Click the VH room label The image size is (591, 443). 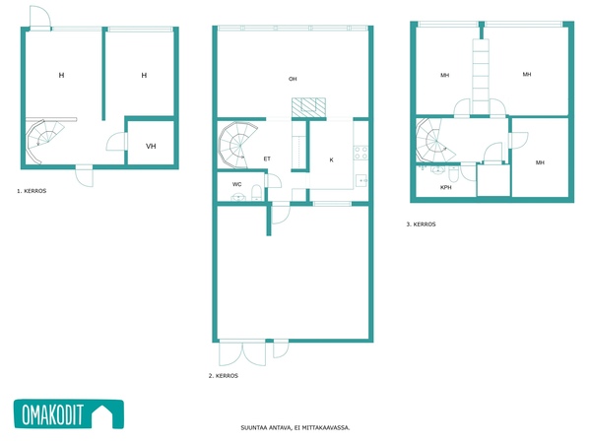pyautogui.click(x=151, y=146)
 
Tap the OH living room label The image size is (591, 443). pyautogui.click(x=293, y=79)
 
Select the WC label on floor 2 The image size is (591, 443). pyautogui.click(x=236, y=184)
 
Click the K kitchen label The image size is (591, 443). pyautogui.click(x=331, y=159)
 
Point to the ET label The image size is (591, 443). pyautogui.click(x=267, y=158)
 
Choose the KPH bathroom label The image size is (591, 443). pyautogui.click(x=446, y=187)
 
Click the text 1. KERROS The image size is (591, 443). pyautogui.click(x=32, y=191)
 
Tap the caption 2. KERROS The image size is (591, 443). pyautogui.click(x=224, y=376)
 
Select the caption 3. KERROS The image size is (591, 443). pyautogui.click(x=421, y=224)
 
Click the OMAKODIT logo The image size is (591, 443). pyautogui.click(x=69, y=414)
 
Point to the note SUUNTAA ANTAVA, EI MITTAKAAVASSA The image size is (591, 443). pyautogui.click(x=295, y=427)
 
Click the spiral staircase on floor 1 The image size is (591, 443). pyautogui.click(x=44, y=142)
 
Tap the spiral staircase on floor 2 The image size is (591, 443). pyautogui.click(x=237, y=145)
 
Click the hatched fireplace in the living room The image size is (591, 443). pyautogui.click(x=308, y=107)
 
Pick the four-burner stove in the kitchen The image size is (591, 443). pyautogui.click(x=361, y=153)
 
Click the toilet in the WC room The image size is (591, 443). pyautogui.click(x=256, y=193)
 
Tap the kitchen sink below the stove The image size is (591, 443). pyautogui.click(x=361, y=181)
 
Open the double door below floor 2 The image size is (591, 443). pyautogui.click(x=242, y=353)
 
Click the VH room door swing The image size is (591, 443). pyautogui.click(x=116, y=142)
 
